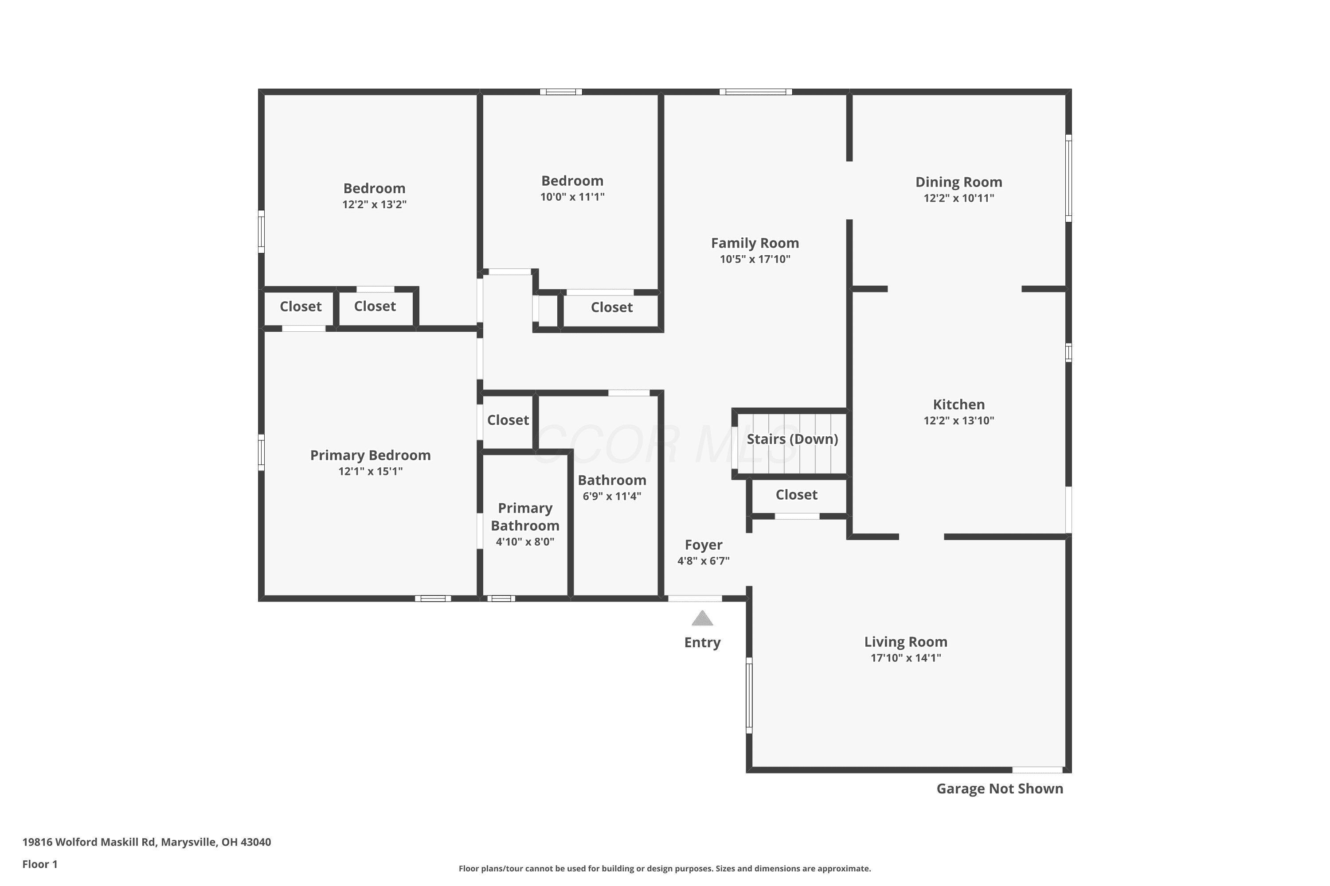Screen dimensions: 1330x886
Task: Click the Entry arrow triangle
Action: pyautogui.click(x=702, y=618)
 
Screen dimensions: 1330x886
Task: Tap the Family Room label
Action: pyautogui.click(x=755, y=243)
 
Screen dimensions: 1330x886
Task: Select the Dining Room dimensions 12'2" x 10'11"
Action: pyautogui.click(x=958, y=198)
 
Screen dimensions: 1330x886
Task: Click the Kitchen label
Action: pyautogui.click(x=958, y=404)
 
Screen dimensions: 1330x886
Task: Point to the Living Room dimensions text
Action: pyautogui.click(x=905, y=658)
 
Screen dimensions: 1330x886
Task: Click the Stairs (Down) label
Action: pyautogui.click(x=792, y=439)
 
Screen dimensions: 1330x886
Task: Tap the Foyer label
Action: pyautogui.click(x=704, y=545)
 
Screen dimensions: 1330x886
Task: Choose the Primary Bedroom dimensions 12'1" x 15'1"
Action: pyautogui.click(x=370, y=471)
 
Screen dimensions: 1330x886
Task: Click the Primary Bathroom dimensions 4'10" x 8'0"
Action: pyautogui.click(x=525, y=542)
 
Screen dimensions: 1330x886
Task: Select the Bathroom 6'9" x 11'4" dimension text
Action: pyautogui.click(x=612, y=497)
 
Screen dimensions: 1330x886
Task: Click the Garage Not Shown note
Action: pyautogui.click(x=1000, y=789)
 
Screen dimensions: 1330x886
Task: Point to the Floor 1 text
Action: pyautogui.click(x=39, y=864)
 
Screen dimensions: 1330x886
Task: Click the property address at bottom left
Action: pyautogui.click(x=146, y=842)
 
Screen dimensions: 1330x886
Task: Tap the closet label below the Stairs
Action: pyautogui.click(x=796, y=495)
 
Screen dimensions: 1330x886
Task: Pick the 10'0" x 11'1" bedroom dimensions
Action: pyautogui.click(x=572, y=197)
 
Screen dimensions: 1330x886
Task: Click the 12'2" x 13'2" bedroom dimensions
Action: pyautogui.click(x=374, y=204)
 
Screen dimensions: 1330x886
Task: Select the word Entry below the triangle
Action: pyautogui.click(x=702, y=642)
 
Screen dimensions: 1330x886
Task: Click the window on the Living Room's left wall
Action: pyautogui.click(x=749, y=695)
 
